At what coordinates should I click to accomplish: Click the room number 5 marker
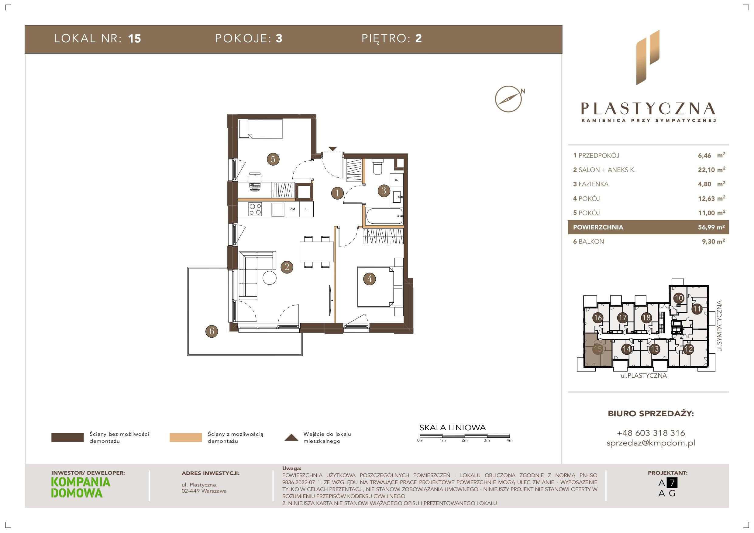[x=273, y=159]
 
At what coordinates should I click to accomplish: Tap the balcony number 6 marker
[x=212, y=331]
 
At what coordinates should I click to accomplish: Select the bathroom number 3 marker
[x=384, y=191]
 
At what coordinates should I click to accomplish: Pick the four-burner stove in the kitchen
[x=255, y=209]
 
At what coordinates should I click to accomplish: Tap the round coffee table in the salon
[x=270, y=278]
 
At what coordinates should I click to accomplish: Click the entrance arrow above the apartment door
[x=332, y=149]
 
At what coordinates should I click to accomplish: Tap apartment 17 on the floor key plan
[x=622, y=318]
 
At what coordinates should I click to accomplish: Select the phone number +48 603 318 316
[x=651, y=433]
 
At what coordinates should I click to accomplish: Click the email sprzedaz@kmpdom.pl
[x=651, y=443]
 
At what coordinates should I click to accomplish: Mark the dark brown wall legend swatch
[x=67, y=438]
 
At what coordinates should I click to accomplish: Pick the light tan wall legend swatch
[x=186, y=438]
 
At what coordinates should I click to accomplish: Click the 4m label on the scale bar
[x=509, y=440]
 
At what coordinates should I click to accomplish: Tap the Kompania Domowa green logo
[x=81, y=488]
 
